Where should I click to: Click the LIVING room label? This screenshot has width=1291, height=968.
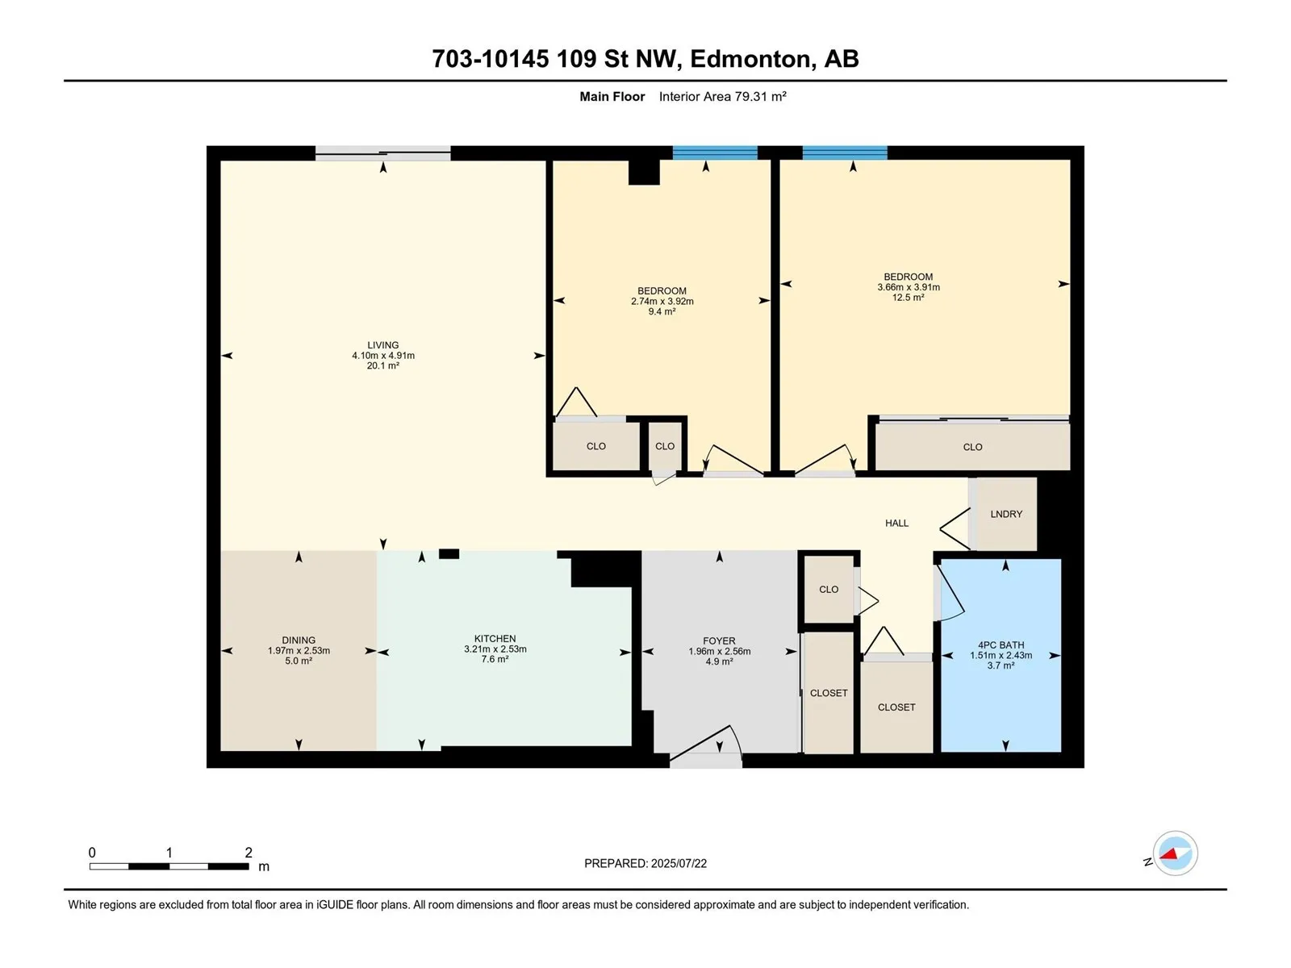click(x=383, y=345)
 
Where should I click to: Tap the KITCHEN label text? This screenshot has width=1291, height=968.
click(x=495, y=638)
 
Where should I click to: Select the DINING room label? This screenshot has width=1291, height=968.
click(x=299, y=640)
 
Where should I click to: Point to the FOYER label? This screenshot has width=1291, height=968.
click(x=719, y=640)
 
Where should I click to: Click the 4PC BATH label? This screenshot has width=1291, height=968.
click(x=1001, y=645)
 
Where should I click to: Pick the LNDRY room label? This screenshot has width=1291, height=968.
click(x=1005, y=514)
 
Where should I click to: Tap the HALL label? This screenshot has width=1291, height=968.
click(x=896, y=523)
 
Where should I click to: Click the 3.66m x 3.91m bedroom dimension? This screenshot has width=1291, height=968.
click(x=908, y=287)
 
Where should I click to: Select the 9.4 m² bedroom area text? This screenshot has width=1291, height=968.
click(x=662, y=311)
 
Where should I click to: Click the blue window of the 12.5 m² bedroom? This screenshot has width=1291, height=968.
click(x=845, y=152)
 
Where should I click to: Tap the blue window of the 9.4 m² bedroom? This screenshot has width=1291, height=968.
click(x=715, y=152)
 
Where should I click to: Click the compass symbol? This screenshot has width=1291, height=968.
click(x=1175, y=853)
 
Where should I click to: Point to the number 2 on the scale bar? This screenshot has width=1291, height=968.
click(x=249, y=852)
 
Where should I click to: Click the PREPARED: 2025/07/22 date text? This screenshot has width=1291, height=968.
click(x=645, y=863)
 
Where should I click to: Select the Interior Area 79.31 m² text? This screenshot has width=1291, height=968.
click(x=722, y=96)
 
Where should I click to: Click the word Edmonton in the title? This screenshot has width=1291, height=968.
click(x=750, y=60)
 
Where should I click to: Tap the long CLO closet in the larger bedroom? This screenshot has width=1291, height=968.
click(x=972, y=447)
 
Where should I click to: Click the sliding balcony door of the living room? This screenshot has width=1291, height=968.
click(x=383, y=153)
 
